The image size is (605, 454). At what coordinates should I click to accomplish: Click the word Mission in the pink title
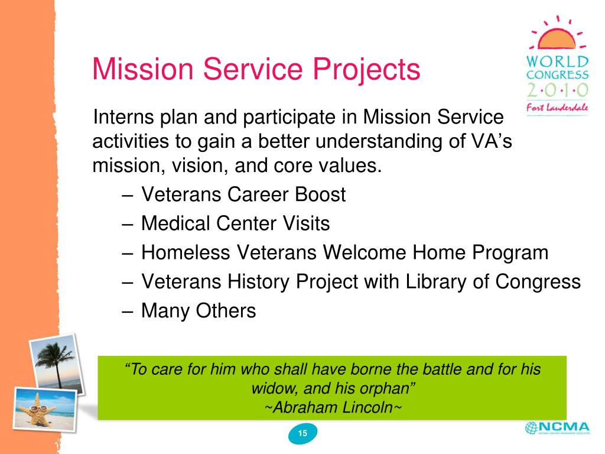click(x=143, y=69)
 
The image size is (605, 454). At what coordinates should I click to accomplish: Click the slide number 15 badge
click(x=303, y=433)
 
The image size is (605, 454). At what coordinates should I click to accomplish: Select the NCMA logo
click(x=558, y=428)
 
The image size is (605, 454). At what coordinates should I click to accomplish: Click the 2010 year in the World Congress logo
click(x=558, y=90)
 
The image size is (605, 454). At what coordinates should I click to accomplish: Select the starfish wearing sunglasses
click(x=37, y=410)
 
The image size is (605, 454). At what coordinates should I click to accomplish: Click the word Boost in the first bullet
click(x=320, y=194)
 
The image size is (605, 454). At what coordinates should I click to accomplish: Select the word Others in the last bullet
click(x=226, y=311)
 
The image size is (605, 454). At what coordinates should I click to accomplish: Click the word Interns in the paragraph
click(x=123, y=117)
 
